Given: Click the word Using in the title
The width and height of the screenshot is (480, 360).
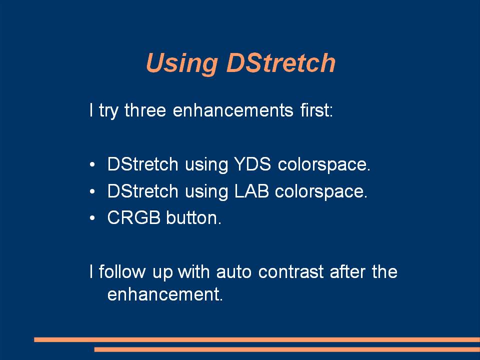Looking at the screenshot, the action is pyautogui.click(x=182, y=63).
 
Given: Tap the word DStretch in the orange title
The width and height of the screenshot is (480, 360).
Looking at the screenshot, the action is pyautogui.click(x=280, y=62).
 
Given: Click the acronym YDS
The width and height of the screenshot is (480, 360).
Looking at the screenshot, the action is pyautogui.click(x=252, y=164).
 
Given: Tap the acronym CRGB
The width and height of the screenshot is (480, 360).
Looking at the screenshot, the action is pyautogui.click(x=134, y=217).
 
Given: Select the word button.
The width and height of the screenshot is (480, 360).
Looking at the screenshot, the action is pyautogui.click(x=194, y=217).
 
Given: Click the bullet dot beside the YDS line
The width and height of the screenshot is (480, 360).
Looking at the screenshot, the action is pyautogui.click(x=92, y=164).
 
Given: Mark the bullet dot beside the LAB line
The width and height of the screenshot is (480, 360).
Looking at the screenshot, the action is pyautogui.click(x=92, y=191).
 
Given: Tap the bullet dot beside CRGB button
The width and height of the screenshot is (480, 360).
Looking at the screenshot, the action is pyautogui.click(x=92, y=218).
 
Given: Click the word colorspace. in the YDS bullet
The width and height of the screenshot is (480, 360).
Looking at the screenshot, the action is pyautogui.click(x=324, y=164).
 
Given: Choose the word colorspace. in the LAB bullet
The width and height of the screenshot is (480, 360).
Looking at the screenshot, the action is pyautogui.click(x=321, y=191).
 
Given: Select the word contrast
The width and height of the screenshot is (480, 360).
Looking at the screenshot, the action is pyautogui.click(x=291, y=272).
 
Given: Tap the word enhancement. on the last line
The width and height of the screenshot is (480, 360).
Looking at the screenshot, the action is pyautogui.click(x=165, y=294).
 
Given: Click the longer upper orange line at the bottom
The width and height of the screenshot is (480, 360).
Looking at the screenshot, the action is pyautogui.click(x=257, y=339).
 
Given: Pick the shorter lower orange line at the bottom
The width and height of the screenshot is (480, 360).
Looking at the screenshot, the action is pyautogui.click(x=287, y=349).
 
